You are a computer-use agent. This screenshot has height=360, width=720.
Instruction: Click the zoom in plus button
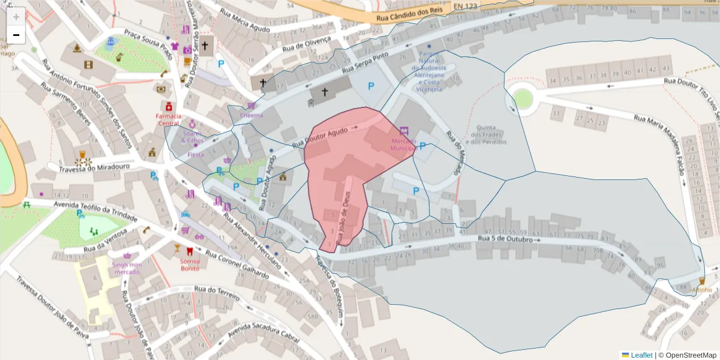click(x=16, y=16)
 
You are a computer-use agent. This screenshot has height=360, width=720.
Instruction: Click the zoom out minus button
click(x=16, y=35)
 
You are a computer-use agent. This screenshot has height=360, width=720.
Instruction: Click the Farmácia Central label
click(x=168, y=119)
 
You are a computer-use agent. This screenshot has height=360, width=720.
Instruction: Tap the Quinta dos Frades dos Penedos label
click(x=488, y=134)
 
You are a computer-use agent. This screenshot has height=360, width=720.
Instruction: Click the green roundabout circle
click(x=523, y=100)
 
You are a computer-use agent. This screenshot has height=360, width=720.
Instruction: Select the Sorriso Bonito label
click(x=190, y=265)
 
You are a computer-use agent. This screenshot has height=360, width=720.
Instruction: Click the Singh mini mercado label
click(x=127, y=268)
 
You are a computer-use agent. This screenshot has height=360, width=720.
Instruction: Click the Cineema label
click(x=251, y=115)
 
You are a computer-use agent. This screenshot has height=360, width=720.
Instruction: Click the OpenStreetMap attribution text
click(x=688, y=355)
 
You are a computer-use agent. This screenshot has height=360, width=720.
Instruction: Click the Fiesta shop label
click(x=196, y=154)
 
